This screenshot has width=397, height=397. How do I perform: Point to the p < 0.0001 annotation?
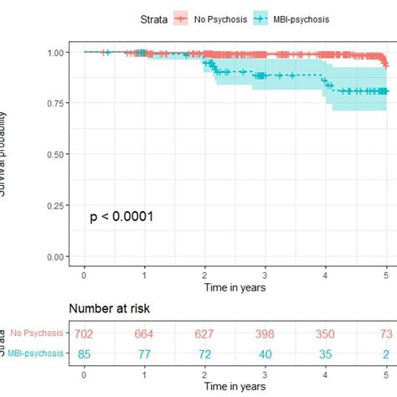[122, 217]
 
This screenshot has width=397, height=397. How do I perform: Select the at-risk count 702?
[84, 334]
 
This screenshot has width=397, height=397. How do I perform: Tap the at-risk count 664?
[145, 334]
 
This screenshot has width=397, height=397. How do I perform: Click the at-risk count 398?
[266, 334]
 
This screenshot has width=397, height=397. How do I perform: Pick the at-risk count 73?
[386, 334]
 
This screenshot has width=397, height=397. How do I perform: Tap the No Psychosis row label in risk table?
[34, 334]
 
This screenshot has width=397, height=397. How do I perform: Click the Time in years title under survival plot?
[235, 287]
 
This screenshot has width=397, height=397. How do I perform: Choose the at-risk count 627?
[205, 334]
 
